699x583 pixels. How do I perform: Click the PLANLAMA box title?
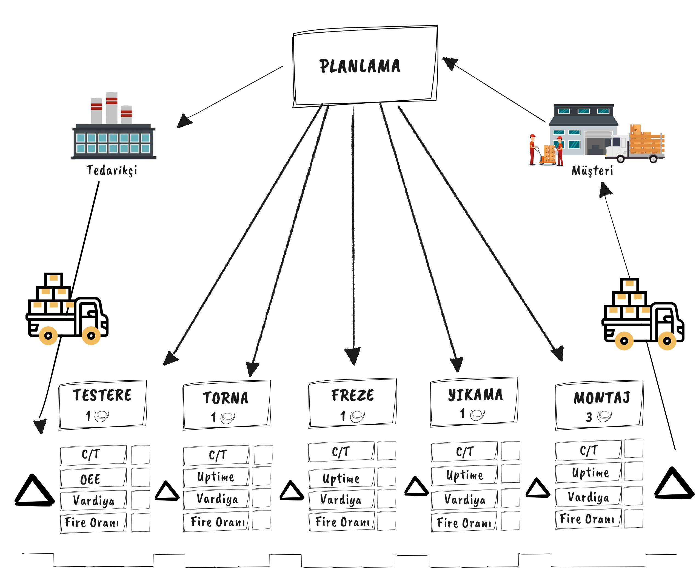point(360,66)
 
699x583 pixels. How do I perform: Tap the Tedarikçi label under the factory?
point(112,170)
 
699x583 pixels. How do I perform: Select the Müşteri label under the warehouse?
point(592,171)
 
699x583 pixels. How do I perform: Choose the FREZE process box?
point(352,403)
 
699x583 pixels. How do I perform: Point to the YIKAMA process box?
point(474,402)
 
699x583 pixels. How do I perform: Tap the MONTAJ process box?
point(599,405)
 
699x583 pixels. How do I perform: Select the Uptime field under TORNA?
point(216,477)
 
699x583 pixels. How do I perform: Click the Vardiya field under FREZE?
point(341,499)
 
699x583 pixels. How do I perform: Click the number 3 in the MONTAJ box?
point(589,417)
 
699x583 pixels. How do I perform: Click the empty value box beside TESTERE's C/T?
point(141,455)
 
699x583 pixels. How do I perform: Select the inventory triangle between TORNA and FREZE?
point(292,491)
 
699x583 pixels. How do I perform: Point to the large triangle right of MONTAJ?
point(674,485)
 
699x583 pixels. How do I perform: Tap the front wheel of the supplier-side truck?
point(91,335)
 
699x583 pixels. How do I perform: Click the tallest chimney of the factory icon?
point(112,107)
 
